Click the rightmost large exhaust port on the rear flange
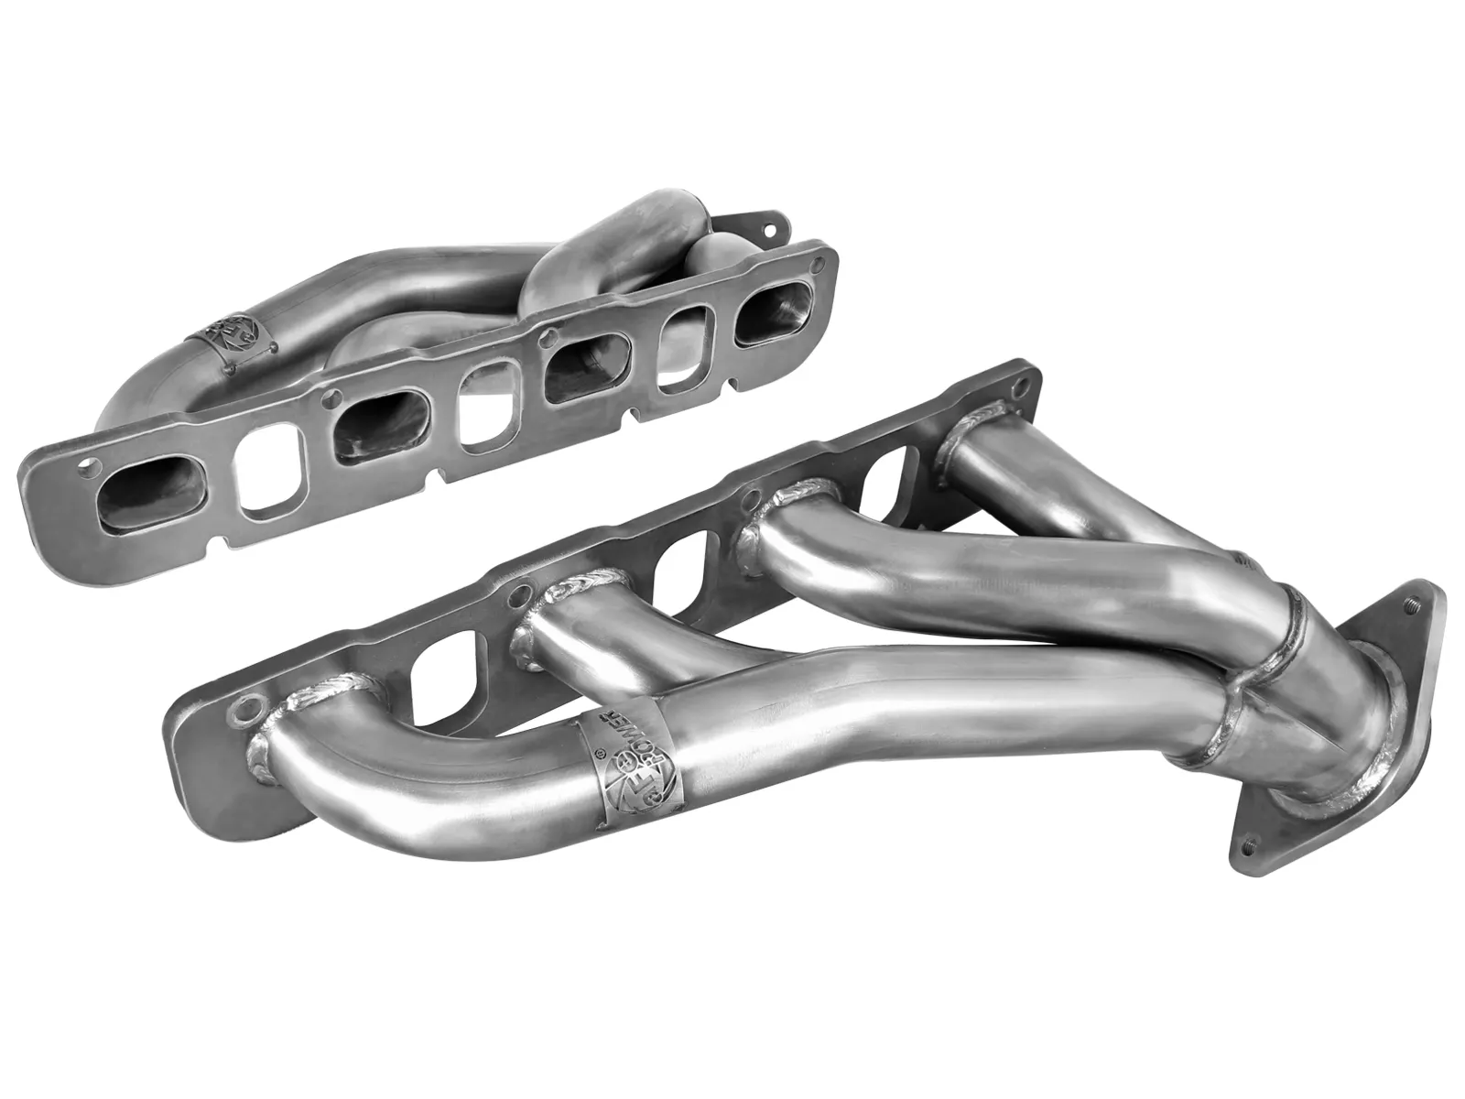pos(775,321)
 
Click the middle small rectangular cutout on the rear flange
pos(484,410)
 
